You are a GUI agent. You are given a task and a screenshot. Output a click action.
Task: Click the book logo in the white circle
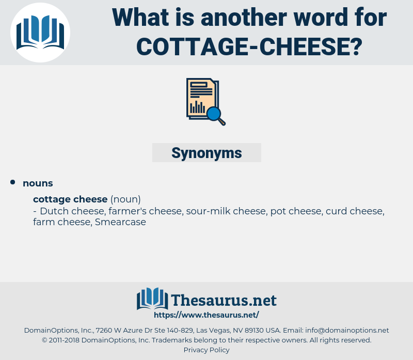coord(40,33)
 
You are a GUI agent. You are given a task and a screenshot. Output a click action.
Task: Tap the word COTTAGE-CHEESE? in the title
coord(249,46)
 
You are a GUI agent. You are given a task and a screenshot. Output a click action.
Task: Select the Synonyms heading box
coord(206,153)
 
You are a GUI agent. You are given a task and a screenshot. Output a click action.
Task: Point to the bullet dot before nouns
coord(13,182)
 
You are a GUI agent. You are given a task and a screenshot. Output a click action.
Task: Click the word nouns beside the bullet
coord(38,183)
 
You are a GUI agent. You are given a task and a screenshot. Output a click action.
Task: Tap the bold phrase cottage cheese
coord(70,199)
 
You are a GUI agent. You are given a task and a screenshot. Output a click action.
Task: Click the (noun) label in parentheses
coord(125,199)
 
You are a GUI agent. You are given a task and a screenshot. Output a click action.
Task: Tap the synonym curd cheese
coord(354,211)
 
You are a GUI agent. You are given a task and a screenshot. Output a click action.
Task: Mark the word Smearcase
coord(120,223)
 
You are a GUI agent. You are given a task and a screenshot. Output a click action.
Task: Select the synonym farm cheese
coord(61,223)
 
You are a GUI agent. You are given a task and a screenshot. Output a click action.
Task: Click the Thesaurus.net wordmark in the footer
coord(224,300)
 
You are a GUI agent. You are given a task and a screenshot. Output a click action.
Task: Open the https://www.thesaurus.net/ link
coord(206,315)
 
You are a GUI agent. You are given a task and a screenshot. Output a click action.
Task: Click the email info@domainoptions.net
coord(347,330)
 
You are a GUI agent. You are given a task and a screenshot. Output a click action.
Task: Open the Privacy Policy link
coord(206,350)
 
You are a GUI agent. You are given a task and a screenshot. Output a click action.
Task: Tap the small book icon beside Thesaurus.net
coord(152,299)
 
